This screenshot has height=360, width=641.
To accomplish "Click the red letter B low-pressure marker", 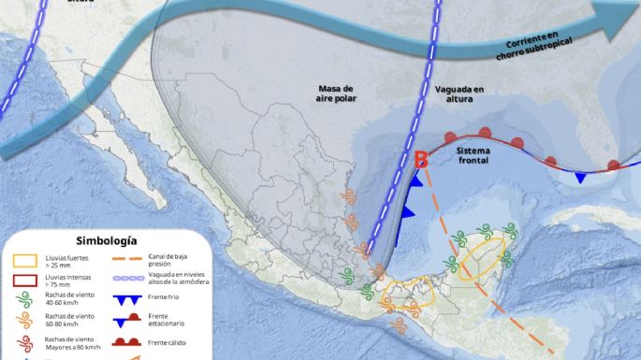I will click(421, 160).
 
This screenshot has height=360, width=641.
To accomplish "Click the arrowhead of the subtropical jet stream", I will click(621, 14).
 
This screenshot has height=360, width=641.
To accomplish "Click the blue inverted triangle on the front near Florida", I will click(581, 178).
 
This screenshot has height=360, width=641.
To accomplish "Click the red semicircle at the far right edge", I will click(613, 166).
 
